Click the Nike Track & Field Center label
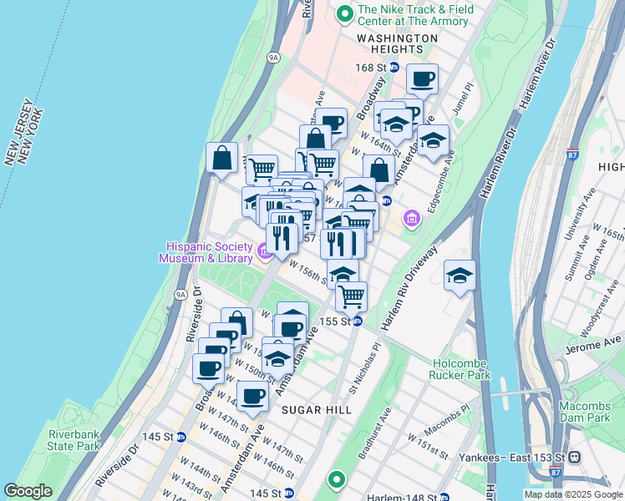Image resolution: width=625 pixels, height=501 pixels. [415, 15]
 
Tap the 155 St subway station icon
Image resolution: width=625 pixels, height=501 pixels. [357, 321]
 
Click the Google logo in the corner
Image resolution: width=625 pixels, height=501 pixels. [28, 491]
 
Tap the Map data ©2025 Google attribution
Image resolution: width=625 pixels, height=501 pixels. [573, 494]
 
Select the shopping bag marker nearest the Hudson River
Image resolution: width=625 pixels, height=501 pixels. [222, 158]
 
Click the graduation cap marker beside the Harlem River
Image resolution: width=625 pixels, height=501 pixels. [459, 276]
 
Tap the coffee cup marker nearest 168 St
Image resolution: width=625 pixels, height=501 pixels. [422, 79]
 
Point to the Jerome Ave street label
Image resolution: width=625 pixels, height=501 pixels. [594, 342]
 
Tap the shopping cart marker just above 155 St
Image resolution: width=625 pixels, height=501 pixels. [352, 296]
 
